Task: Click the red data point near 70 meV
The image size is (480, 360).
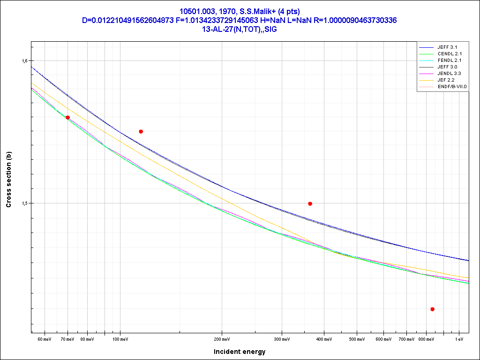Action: [x=68, y=117]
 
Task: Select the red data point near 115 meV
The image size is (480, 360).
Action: [x=141, y=132]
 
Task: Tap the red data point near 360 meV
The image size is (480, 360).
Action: [x=310, y=203]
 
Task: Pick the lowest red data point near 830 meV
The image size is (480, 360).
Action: [x=432, y=309]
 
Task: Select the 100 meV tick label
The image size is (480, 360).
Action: [x=120, y=339]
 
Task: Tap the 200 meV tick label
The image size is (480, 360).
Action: [x=222, y=339]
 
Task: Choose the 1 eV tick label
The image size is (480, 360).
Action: [x=459, y=339]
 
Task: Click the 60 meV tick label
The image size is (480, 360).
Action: [x=45, y=339]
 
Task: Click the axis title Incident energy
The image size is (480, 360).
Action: [x=240, y=352]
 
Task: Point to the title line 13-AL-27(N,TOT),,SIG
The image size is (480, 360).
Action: [x=240, y=29]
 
